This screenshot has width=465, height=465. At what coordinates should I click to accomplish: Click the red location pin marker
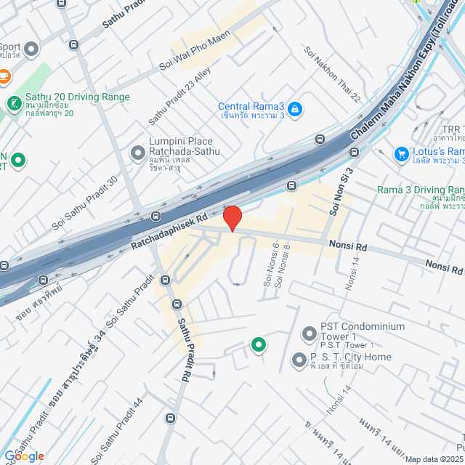pyautogui.click(x=232, y=218)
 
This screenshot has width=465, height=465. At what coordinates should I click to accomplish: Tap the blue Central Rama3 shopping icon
pyautogui.click(x=294, y=110)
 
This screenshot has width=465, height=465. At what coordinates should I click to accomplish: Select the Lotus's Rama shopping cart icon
pyautogui.click(x=400, y=154)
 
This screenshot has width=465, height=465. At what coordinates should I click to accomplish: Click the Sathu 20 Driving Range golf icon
pyautogui.click(x=14, y=104)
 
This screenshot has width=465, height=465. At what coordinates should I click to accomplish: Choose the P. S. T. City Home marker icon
pyautogui.click(x=299, y=360)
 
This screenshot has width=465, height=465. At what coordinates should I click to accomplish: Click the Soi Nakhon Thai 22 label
pyautogui.click(x=332, y=73)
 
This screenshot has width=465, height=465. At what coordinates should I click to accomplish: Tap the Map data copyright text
pyautogui.click(x=434, y=459)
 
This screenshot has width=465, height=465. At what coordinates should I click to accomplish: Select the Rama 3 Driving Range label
pyautogui.click(x=421, y=190)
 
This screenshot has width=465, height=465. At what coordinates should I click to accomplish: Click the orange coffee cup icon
pyautogui.click(x=4, y=75)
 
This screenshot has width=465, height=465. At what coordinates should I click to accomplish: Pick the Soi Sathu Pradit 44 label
pyautogui.click(x=116, y=431)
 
